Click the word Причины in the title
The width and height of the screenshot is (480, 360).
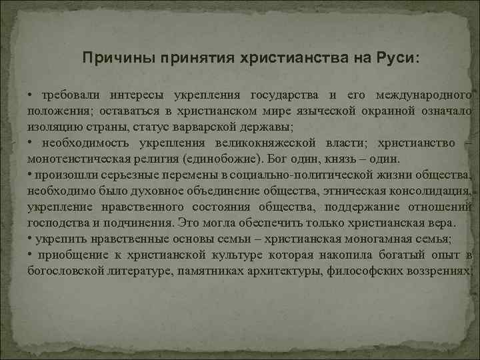click(x=117, y=57)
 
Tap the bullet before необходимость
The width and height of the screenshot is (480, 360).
click(x=31, y=143)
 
